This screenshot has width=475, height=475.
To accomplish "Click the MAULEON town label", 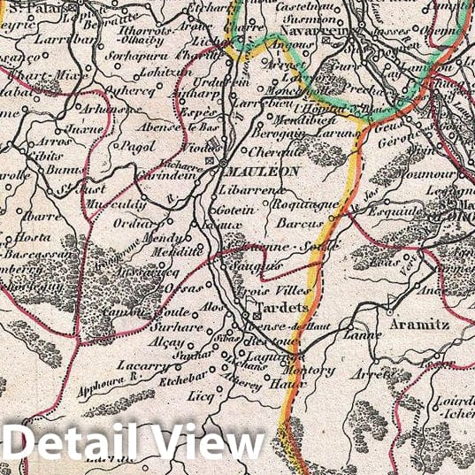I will pos(263,171).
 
